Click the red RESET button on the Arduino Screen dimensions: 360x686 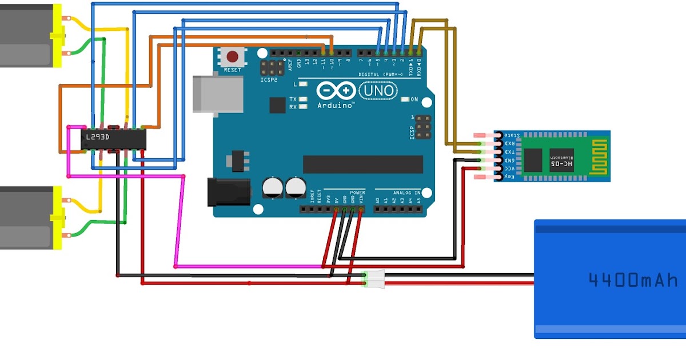click(233, 57)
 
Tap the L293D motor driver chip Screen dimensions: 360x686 click(113, 138)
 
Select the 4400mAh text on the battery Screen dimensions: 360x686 click(633, 280)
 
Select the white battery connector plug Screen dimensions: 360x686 click(374, 278)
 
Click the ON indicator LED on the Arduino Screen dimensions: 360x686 click(405, 99)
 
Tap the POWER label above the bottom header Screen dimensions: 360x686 click(357, 193)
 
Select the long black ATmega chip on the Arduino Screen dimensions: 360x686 click(362, 164)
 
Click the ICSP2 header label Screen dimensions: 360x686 click(269, 81)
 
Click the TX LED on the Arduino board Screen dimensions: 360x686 click(303, 99)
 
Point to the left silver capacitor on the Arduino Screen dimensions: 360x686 click(272, 187)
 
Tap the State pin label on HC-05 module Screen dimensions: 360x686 click(511, 135)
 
